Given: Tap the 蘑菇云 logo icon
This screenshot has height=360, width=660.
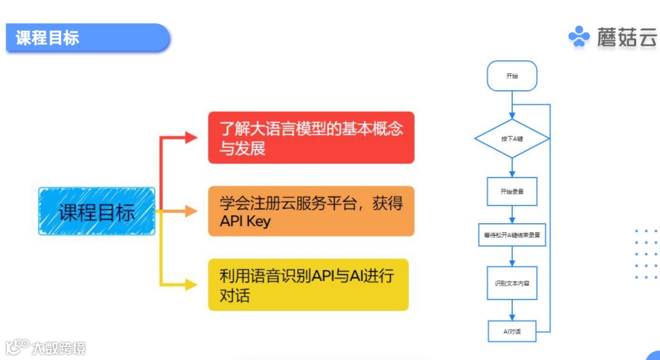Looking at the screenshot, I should coord(579,37).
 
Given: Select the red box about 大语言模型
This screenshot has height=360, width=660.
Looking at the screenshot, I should coord(311,138).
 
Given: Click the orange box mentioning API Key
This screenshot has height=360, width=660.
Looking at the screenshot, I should coord(311,211).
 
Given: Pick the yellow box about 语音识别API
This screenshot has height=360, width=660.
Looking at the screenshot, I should coord(308,284).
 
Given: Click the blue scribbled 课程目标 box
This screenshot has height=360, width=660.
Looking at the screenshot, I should coord(97,211).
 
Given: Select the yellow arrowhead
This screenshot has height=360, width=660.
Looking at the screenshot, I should coord(191,284).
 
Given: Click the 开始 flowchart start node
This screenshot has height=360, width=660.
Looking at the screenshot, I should coord(512,76).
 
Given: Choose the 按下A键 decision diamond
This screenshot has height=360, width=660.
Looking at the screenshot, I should coord(512,139).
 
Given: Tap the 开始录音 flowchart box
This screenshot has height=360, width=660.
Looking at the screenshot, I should coord(512,191).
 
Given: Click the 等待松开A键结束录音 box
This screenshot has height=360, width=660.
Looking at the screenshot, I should coord(512,234).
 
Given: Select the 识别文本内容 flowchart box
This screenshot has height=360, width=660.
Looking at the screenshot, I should coord(512,283).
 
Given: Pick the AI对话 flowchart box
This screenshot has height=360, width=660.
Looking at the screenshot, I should coord(512,331).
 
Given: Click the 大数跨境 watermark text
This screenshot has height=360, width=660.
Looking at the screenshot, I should coord(59,348).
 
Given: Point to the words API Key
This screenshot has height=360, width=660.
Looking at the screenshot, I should coord(245,221).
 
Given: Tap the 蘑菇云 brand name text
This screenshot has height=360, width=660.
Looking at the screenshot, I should coord(626,38).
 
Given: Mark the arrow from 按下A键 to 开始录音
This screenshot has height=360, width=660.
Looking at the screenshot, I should coord(512,166).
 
